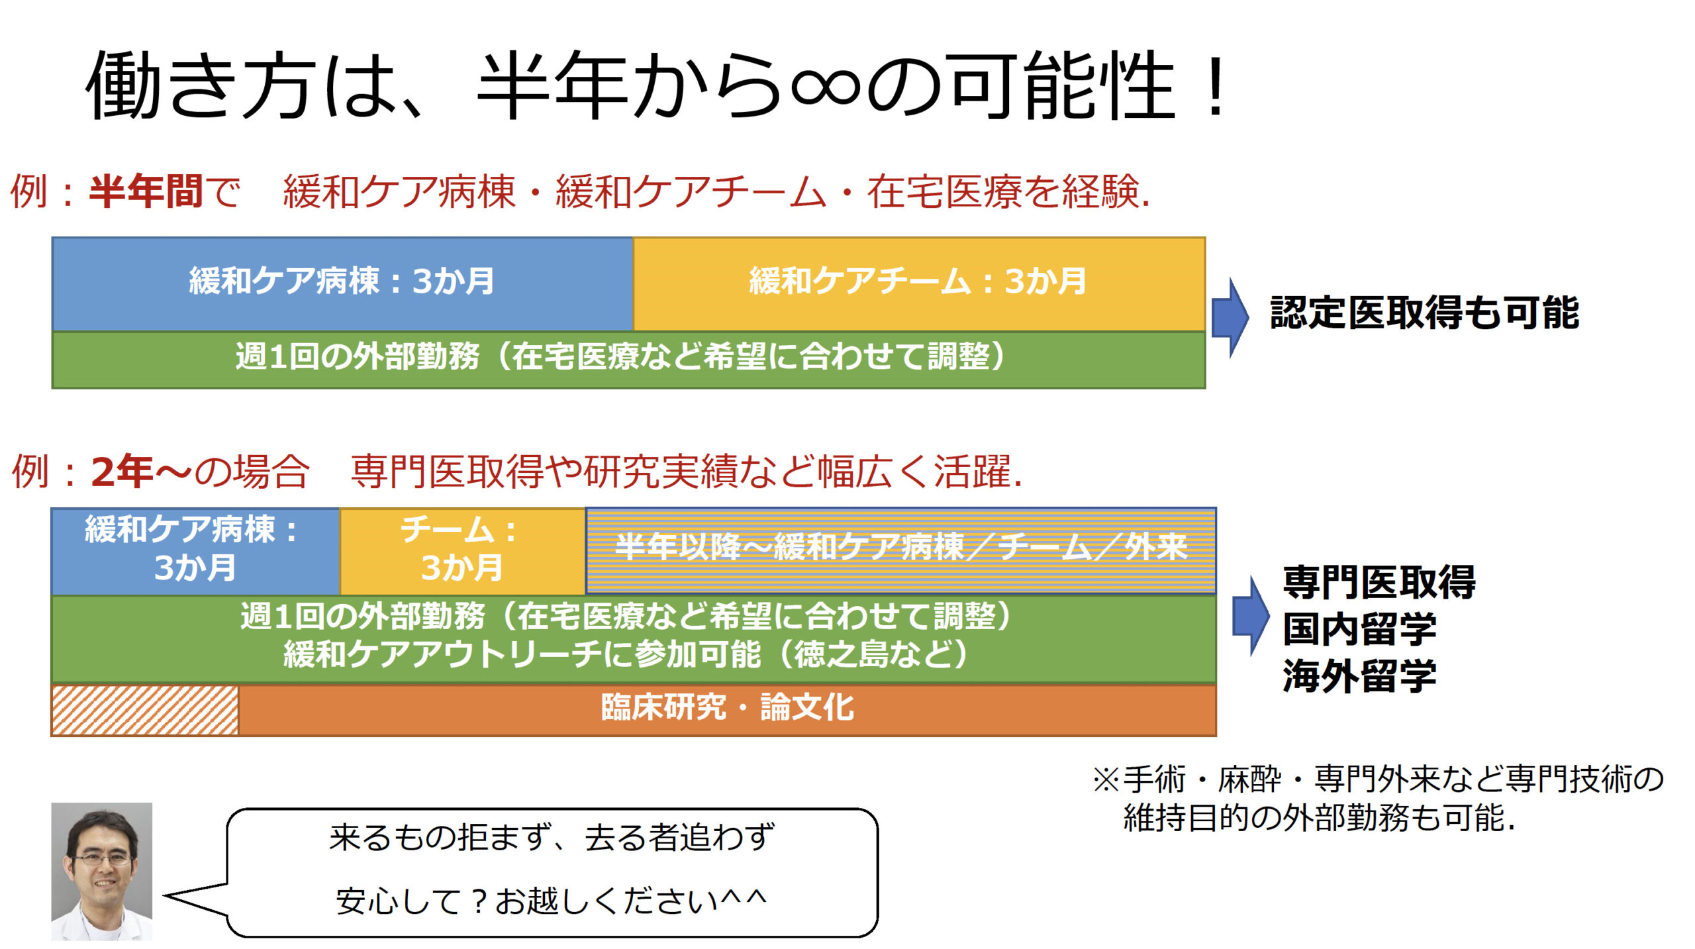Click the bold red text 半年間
pos(146,192)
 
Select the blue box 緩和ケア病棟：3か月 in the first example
pos(342,283)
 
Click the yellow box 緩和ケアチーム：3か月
pos(919,283)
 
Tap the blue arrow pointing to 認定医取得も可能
pos(1230,317)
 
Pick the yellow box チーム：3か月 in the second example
pos(462,551)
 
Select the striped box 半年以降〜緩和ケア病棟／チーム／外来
pos(901,551)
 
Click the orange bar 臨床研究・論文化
pos(727,709)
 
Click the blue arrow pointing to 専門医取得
pos(1250,616)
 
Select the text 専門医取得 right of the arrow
pos(1379,582)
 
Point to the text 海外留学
pos(1359,676)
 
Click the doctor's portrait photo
pos(102,872)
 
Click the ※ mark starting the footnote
pos(1106,779)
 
